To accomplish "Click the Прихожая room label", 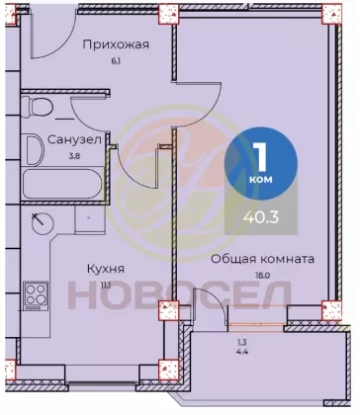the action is [116, 44].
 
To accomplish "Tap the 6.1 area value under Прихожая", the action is [116, 61].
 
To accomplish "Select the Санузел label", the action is [74, 140].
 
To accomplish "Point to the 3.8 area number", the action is [74, 156].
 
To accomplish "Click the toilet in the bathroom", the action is [37, 106].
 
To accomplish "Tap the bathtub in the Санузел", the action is [62, 184].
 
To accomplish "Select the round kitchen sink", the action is [43, 223].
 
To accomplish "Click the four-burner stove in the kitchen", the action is [36, 295].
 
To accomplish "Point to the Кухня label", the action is [106, 269].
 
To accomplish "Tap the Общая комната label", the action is [262, 259].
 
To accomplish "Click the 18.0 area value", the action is [262, 276].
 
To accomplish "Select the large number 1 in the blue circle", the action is [261, 157].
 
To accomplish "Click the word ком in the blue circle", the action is [261, 179].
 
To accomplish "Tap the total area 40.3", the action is [261, 217].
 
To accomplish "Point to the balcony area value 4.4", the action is [241, 352].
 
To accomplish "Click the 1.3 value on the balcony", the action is [241, 342].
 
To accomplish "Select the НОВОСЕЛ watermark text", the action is [180, 294].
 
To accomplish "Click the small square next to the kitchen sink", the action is [90, 218].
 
